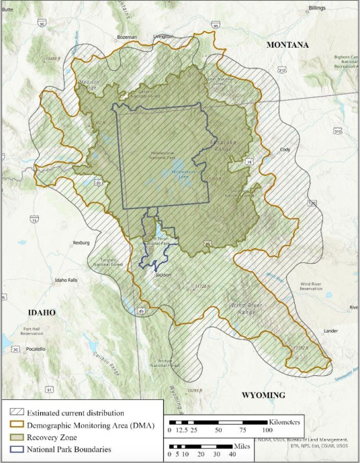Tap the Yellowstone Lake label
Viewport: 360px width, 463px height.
(183, 172)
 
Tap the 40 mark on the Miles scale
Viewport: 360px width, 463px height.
(232, 454)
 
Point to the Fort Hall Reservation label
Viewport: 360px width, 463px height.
(32, 331)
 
